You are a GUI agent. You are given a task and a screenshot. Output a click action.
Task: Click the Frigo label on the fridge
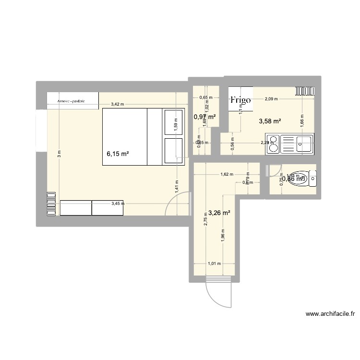coord(240,100)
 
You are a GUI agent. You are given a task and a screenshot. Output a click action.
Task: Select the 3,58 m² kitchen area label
coord(270,121)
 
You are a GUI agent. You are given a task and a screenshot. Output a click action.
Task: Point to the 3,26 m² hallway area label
coord(218,212)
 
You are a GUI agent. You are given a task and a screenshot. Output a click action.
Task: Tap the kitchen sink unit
coord(290,144)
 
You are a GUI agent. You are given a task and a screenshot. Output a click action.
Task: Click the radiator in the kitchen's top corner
coord(305,91)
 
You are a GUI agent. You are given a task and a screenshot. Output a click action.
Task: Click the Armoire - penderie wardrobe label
coord(71,101)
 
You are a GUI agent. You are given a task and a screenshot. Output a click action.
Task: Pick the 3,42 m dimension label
coord(117,104)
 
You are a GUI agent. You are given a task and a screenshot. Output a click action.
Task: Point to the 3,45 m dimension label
coord(117,204)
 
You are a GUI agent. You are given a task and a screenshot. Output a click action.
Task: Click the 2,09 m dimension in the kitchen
coord(271,99)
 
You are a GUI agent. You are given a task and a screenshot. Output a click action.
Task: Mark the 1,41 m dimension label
coord(177,186)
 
